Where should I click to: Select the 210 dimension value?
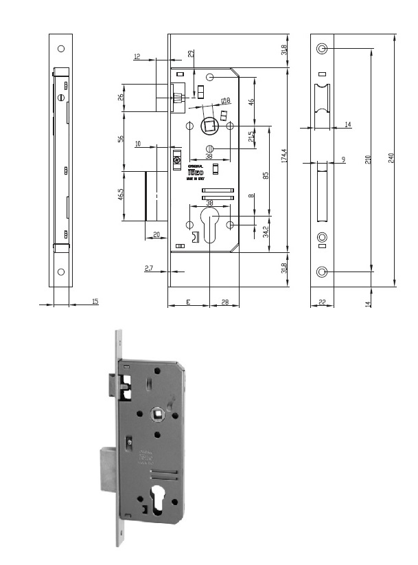(367, 159)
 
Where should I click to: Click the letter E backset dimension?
(188, 302)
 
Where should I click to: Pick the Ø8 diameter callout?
(225, 101)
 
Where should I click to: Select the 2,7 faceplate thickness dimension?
(149, 269)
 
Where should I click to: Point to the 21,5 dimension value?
(253, 136)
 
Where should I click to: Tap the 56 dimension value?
(121, 139)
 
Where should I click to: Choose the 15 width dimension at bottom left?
(94, 302)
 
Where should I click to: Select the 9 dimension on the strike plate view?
(342, 159)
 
